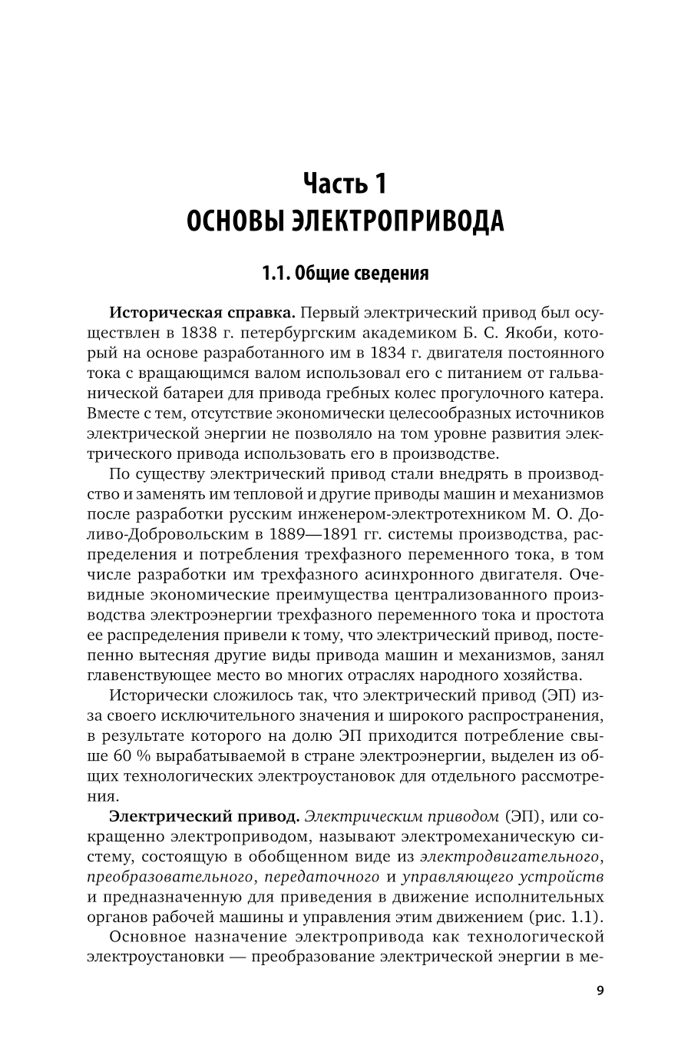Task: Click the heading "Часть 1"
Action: pos(345,184)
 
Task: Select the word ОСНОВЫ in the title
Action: pos(235,221)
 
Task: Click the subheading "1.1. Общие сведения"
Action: pos(345,273)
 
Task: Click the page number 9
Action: pos(600,990)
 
